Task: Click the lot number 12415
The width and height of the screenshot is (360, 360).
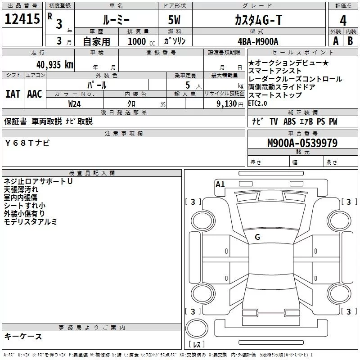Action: click(x=22, y=19)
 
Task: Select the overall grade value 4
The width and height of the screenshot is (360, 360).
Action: click(x=343, y=21)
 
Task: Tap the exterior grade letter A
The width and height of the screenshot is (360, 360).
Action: click(x=335, y=40)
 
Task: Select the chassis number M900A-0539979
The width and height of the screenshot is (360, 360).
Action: click(x=302, y=143)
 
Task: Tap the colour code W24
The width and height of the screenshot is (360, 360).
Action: click(x=75, y=103)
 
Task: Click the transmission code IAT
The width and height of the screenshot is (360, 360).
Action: click(x=13, y=94)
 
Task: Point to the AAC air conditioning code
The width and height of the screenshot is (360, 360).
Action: click(x=35, y=94)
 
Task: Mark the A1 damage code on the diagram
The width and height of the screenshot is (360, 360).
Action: click(x=220, y=184)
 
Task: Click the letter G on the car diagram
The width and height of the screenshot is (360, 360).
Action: click(x=257, y=237)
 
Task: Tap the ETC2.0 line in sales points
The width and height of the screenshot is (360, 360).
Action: click(x=257, y=103)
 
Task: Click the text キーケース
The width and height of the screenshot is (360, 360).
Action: click(x=23, y=336)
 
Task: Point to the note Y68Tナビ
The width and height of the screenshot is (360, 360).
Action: click(x=28, y=143)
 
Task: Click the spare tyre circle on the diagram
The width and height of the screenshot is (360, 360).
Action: click(x=197, y=327)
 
